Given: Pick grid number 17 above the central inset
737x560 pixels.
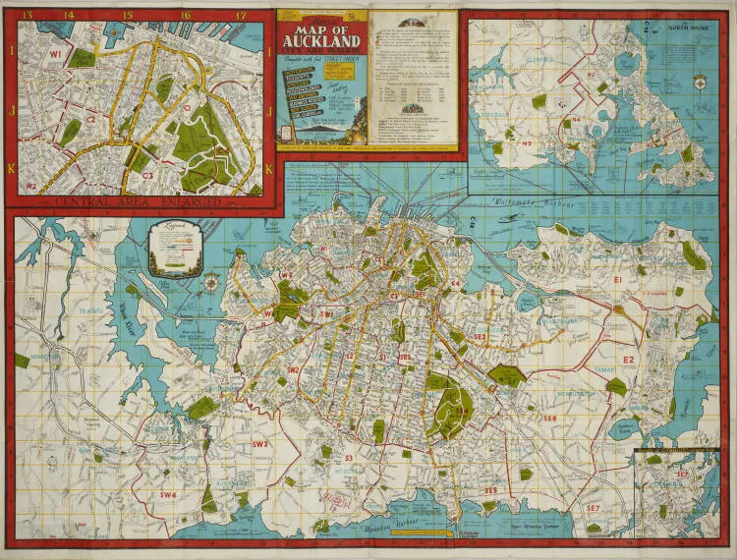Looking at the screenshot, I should click(x=241, y=15).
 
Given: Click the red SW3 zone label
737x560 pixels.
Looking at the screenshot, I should click(x=259, y=445).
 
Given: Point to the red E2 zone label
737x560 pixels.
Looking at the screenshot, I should click(x=628, y=360).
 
